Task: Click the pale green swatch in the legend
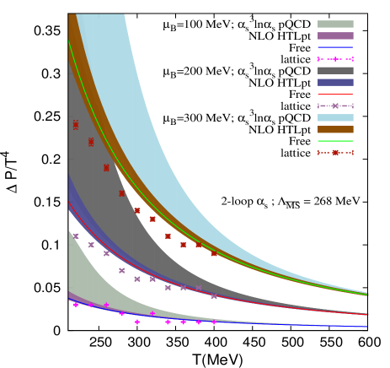[335, 24]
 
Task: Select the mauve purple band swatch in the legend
[335, 36]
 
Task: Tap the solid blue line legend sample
[335, 47]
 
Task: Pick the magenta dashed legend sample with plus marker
[335, 59]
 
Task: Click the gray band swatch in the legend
[335, 71]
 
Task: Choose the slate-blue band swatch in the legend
[335, 83]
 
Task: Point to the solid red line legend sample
[335, 95]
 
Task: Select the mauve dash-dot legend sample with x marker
[335, 106]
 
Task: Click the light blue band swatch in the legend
[335, 118]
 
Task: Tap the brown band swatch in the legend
[335, 130]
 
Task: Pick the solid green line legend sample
[335, 141]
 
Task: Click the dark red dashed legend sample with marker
[335, 153]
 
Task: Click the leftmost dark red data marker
[76, 125]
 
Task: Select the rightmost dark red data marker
[214, 253]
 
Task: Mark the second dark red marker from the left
[91, 142]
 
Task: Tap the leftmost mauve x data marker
[76, 236]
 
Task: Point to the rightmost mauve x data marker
[214, 296]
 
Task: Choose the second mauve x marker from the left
[91, 245]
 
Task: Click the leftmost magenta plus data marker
[76, 304]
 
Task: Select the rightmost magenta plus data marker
[214, 322]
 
